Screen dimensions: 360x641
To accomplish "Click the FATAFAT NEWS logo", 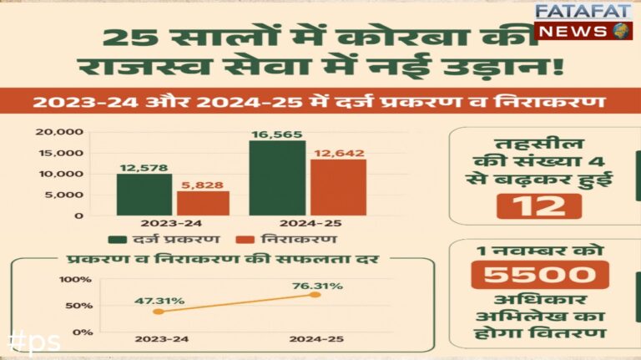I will point(585,21).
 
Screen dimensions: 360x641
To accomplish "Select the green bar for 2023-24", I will point(144,194).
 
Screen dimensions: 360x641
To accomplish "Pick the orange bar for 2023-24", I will point(202,203).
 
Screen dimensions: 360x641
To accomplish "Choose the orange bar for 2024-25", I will point(338,186).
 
